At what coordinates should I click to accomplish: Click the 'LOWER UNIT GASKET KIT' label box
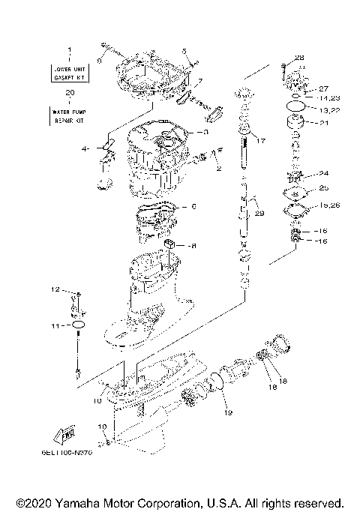pyautogui.click(x=70, y=73)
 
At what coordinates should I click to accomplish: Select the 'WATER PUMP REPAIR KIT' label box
pyautogui.click(x=70, y=115)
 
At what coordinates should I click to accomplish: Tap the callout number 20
pyautogui.click(x=70, y=94)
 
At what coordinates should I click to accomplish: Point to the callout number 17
pyautogui.click(x=261, y=140)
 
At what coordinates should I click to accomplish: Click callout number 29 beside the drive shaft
pyautogui.click(x=259, y=214)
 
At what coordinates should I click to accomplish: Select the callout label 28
pyautogui.click(x=299, y=58)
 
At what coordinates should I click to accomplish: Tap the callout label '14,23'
pyautogui.click(x=329, y=98)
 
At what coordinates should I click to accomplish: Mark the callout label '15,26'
pyautogui.click(x=329, y=205)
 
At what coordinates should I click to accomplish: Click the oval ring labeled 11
pyautogui.click(x=78, y=325)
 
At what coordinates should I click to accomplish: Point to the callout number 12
pyautogui.click(x=55, y=289)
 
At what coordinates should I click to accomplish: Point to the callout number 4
pyautogui.click(x=85, y=149)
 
